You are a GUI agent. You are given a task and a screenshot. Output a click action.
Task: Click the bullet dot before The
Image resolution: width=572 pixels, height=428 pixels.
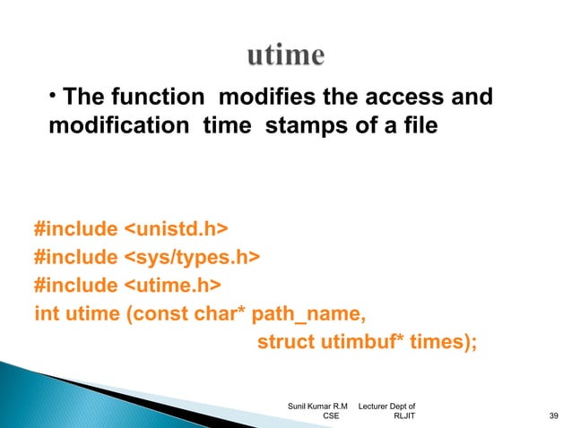point(54,92)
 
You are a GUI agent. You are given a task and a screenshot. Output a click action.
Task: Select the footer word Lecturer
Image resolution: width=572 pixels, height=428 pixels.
point(377,405)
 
